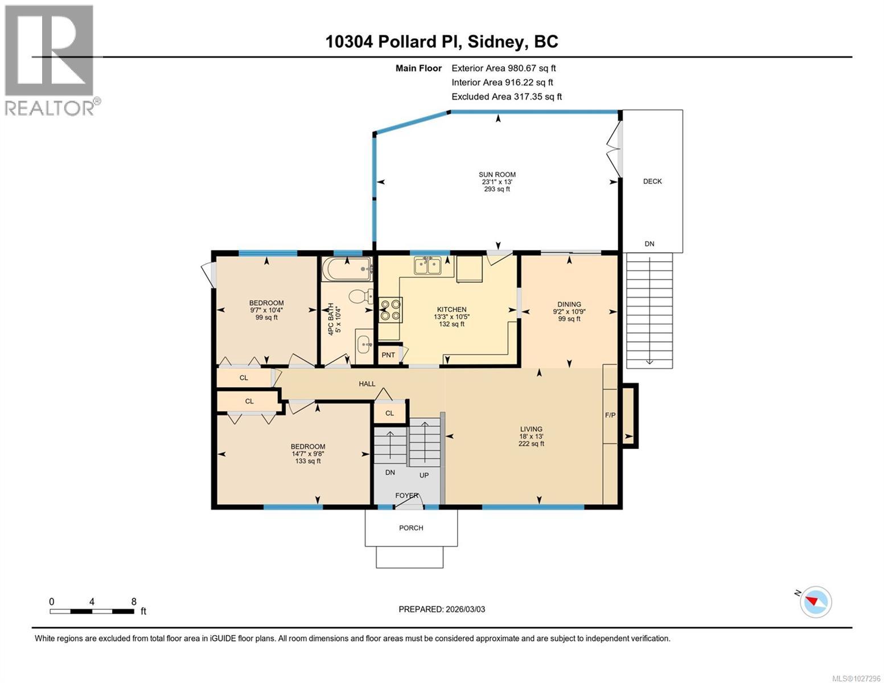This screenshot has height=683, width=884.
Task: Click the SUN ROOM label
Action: pyautogui.click(x=497, y=175)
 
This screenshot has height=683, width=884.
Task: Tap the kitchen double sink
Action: pyautogui.click(x=427, y=266)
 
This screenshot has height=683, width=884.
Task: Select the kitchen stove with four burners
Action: pyautogui.click(x=390, y=310)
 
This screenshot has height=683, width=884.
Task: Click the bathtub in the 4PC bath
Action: pyautogui.click(x=347, y=269)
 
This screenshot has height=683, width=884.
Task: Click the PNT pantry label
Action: pyautogui.click(x=388, y=355)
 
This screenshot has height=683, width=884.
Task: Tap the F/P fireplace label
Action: pyautogui.click(x=610, y=415)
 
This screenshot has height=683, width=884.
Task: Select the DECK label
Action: pyautogui.click(x=652, y=182)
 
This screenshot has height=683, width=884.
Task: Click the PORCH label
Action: pyautogui.click(x=411, y=528)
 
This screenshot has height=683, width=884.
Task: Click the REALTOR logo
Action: pyautogui.click(x=51, y=60)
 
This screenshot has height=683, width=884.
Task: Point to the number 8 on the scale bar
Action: pyautogui.click(x=133, y=601)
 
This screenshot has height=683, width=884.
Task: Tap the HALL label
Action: pyautogui.click(x=367, y=384)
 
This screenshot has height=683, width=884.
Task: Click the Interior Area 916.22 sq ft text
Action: pyautogui.click(x=502, y=83)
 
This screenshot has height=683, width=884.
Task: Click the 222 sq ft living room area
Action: pyautogui.click(x=531, y=444)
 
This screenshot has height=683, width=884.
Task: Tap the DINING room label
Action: pyautogui.click(x=569, y=305)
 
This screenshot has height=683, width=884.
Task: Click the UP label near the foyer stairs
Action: pyautogui.click(x=424, y=475)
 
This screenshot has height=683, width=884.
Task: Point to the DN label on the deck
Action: pyautogui.click(x=649, y=244)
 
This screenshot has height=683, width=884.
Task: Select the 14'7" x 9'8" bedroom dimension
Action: pyautogui.click(x=307, y=454)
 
